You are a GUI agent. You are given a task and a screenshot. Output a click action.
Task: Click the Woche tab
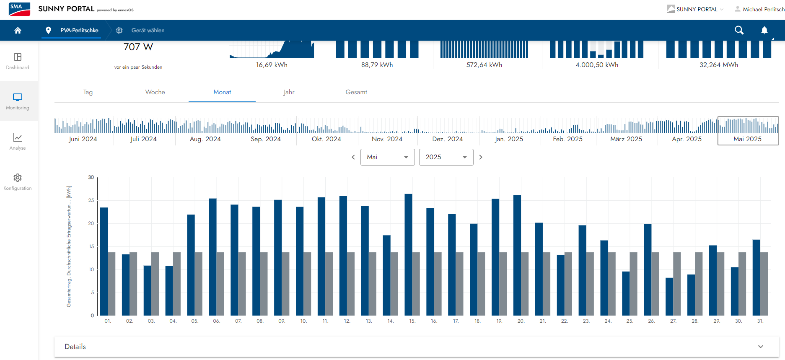[x=155, y=92]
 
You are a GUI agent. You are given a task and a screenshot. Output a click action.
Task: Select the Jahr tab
[x=289, y=92]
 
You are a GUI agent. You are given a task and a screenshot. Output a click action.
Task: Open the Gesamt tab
[x=356, y=92]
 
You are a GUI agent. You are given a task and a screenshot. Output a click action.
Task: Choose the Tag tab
[x=88, y=92]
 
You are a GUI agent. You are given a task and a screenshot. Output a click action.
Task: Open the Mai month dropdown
[x=387, y=157]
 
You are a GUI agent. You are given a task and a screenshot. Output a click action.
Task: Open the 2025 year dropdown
[x=446, y=157]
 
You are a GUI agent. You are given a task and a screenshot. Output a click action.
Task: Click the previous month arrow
[x=353, y=157]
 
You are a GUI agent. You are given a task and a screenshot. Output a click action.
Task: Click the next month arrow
[x=481, y=157]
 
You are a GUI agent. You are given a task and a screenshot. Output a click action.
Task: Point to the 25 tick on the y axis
[x=91, y=200]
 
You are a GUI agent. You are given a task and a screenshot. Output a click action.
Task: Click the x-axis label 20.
[x=521, y=321]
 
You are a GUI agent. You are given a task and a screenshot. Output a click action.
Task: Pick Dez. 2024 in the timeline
[x=447, y=139]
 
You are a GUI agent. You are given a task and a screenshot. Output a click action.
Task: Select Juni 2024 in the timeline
[x=83, y=139]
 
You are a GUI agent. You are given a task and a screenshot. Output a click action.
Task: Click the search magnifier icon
[x=739, y=30]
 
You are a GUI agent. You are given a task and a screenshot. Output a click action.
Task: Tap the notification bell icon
[x=764, y=30]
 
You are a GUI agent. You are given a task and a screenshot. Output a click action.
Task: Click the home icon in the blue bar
[x=18, y=30]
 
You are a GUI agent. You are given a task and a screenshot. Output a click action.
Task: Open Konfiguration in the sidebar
[x=18, y=182]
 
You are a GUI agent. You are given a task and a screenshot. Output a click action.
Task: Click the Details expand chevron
[x=760, y=347]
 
